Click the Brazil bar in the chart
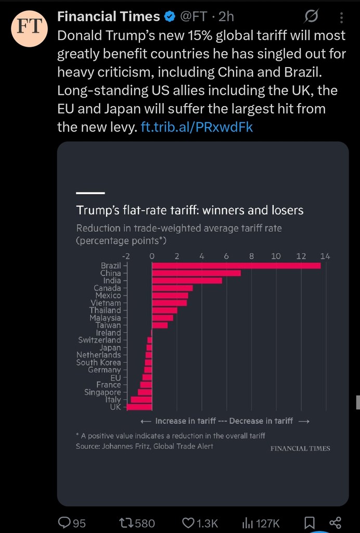[x=236, y=265]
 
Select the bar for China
[x=196, y=273]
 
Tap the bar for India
[x=187, y=281]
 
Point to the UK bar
[x=139, y=407]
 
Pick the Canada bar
[x=172, y=288]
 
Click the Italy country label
[x=113, y=400]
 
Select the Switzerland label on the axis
[x=99, y=340]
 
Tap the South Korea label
[x=98, y=362]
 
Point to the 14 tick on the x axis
[x=325, y=256]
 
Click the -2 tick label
[x=126, y=256]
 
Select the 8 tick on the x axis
[x=251, y=256]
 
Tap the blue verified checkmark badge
[x=170, y=17]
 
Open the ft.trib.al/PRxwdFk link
[x=197, y=127]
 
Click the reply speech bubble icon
[x=65, y=522]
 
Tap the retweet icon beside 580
[x=126, y=522]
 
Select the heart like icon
[x=188, y=522]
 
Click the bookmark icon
[x=309, y=522]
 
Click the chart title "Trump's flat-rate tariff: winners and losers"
[x=190, y=210]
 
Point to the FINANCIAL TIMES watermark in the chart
[x=300, y=448]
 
